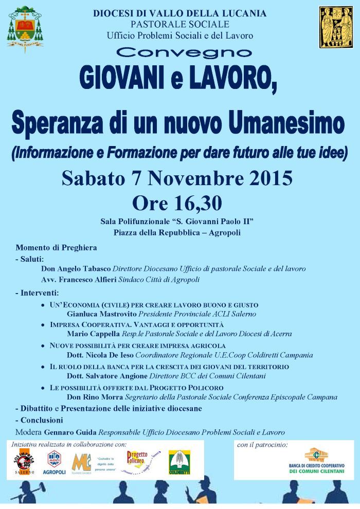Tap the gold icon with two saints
click(336, 27)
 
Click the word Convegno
click(184, 52)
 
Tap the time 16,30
click(198, 203)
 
